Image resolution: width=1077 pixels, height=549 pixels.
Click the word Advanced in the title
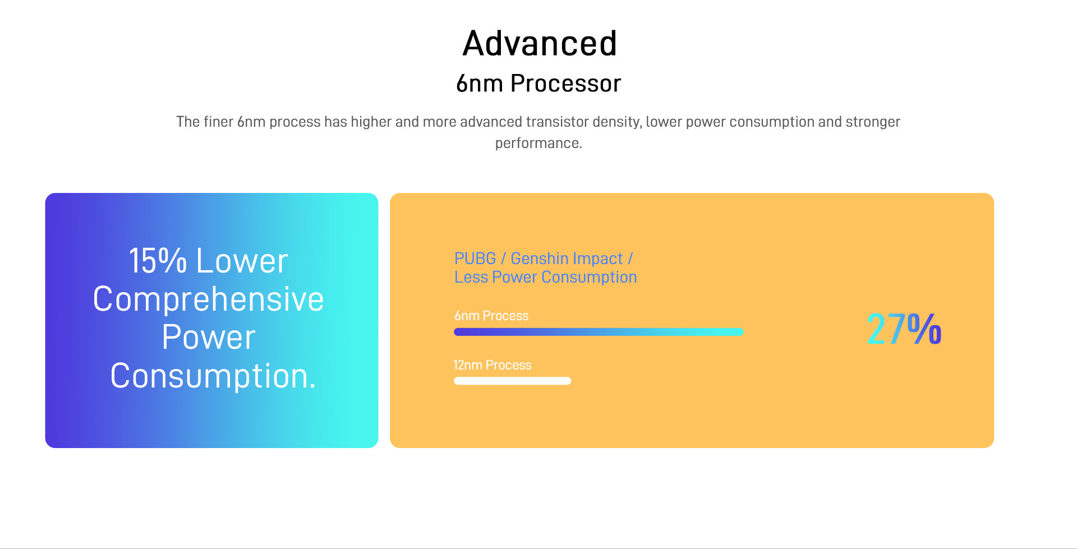(540, 43)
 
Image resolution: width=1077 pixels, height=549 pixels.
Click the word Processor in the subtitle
(565, 84)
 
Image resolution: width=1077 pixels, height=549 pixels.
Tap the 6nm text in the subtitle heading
(480, 84)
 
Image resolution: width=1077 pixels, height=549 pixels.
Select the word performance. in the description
(538, 143)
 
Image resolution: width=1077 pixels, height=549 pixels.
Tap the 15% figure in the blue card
(158, 261)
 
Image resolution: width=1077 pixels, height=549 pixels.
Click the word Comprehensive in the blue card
(208, 299)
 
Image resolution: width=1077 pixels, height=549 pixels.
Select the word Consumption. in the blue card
(213, 376)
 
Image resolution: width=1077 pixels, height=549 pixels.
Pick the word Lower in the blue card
(242, 261)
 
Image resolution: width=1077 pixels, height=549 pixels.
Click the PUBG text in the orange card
(475, 259)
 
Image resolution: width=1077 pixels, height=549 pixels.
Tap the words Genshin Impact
(567, 259)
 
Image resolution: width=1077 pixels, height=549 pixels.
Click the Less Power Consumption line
(545, 277)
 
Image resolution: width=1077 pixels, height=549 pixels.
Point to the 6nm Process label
(491, 316)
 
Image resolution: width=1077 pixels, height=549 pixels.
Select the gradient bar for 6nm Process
(599, 332)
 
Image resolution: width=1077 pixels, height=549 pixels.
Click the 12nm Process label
(493, 365)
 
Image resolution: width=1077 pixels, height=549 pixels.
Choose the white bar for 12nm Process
(512, 381)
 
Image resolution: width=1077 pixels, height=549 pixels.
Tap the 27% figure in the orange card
(904, 329)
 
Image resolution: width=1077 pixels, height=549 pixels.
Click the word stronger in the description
(873, 122)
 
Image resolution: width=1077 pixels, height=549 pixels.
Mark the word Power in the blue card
(209, 338)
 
